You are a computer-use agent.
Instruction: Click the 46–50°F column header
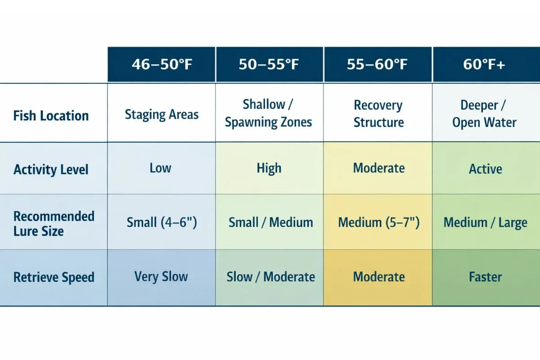(x=162, y=64)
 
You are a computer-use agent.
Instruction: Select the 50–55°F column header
(x=269, y=64)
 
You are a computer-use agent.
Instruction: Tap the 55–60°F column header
(x=378, y=64)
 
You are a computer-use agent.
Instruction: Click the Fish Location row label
(x=51, y=116)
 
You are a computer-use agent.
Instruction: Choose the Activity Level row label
(x=51, y=170)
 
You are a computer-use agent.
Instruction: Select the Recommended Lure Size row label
(x=54, y=224)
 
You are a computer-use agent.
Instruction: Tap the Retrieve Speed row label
(x=54, y=277)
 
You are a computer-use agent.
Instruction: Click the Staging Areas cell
(x=162, y=115)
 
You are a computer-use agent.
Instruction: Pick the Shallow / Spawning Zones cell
(x=269, y=113)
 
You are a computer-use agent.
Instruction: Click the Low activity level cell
(x=161, y=168)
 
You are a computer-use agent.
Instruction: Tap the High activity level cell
(x=269, y=168)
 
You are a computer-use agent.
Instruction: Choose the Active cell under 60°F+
(x=485, y=169)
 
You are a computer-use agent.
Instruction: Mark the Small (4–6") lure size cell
(x=162, y=222)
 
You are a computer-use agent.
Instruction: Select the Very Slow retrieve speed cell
(x=161, y=276)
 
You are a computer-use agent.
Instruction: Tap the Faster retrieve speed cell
(x=485, y=277)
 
